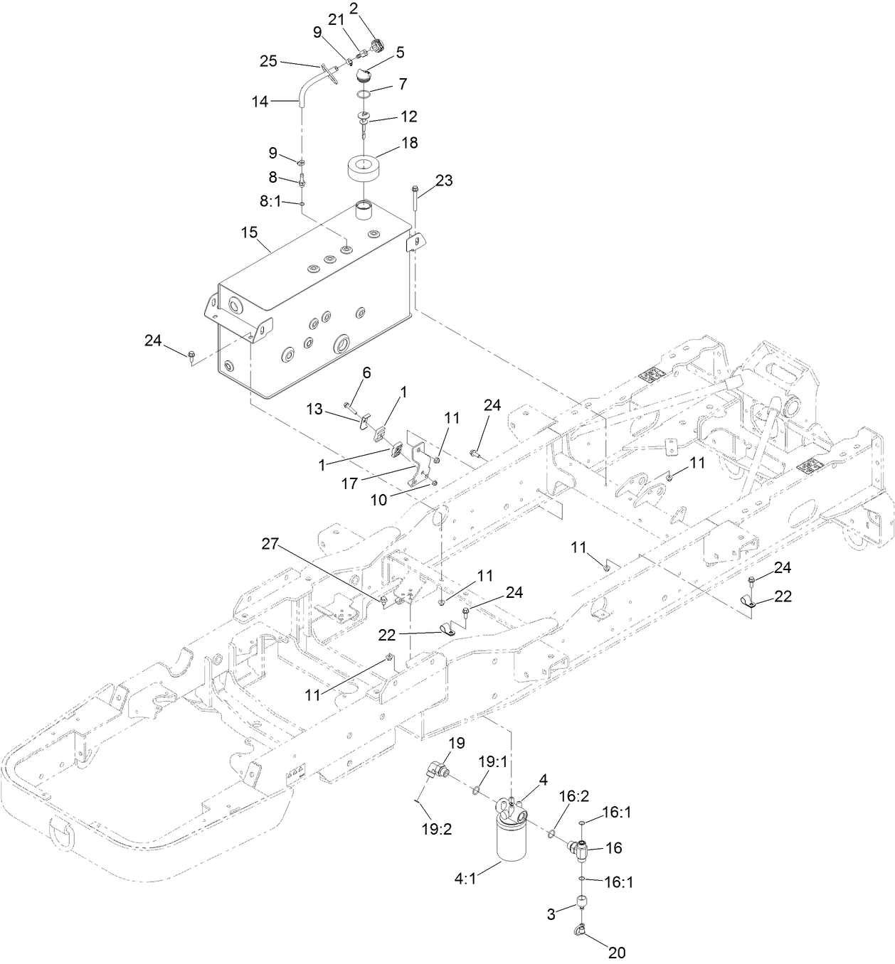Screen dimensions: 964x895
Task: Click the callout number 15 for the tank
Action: coord(249,232)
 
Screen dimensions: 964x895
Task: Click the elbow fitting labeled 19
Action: coord(436,771)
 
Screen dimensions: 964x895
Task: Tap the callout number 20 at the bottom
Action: coord(617,952)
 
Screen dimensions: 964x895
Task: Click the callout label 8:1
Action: coord(270,202)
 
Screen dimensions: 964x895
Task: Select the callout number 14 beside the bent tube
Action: coord(260,102)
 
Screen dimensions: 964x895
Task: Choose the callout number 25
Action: coord(268,61)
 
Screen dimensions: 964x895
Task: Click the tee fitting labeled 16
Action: coord(581,847)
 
